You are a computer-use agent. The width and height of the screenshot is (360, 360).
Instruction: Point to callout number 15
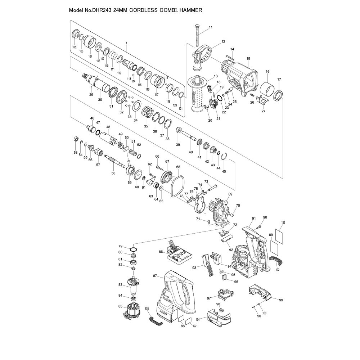click(x=248, y=59)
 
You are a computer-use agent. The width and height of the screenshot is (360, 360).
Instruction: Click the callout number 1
click(x=126, y=43)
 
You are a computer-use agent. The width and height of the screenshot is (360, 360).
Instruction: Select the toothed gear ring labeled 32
click(x=122, y=97)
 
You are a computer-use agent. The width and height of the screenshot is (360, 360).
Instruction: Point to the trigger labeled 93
click(x=208, y=266)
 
